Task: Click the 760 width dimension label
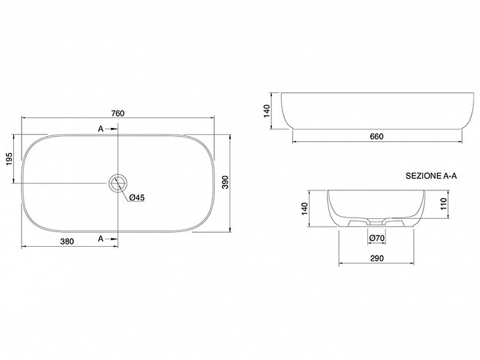(118, 113)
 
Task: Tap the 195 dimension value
(9, 158)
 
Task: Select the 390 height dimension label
(225, 182)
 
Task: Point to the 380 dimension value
(67, 242)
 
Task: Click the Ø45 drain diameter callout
(137, 197)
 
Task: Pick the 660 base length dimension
(376, 136)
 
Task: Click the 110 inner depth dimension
(444, 204)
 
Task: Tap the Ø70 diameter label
(377, 238)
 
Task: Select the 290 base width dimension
(377, 259)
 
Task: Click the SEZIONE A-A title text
(431, 176)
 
